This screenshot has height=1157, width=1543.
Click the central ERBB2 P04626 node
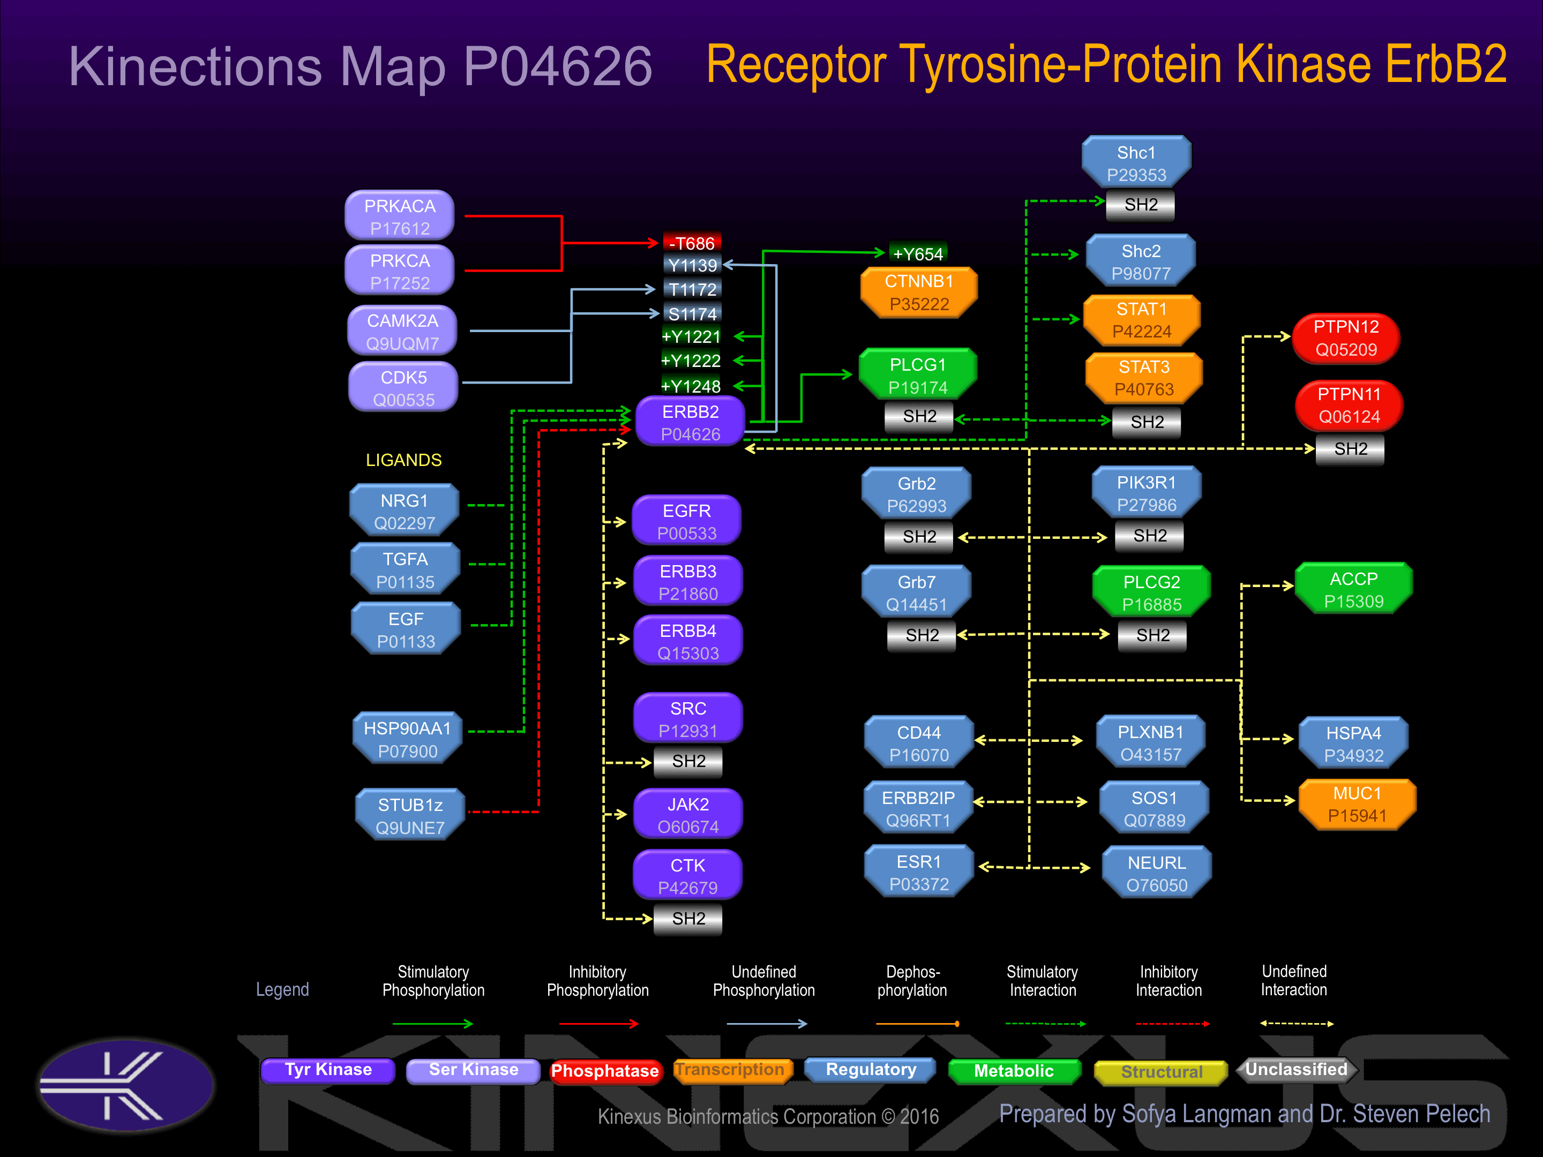click(690, 422)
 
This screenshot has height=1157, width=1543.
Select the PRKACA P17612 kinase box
click(400, 216)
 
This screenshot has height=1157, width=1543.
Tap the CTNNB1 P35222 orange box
click(919, 292)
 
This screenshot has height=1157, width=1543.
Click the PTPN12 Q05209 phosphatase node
click(1346, 338)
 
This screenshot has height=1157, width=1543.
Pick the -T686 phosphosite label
click(691, 243)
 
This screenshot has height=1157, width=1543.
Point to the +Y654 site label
click(918, 253)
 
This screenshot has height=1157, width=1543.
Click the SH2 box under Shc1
click(1141, 204)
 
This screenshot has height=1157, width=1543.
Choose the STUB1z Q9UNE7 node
click(410, 815)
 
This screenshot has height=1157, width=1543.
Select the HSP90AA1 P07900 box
click(407, 739)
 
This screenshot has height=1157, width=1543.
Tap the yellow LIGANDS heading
click(403, 460)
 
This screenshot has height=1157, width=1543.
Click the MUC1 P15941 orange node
click(1357, 804)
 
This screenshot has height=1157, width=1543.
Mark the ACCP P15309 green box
click(1353, 589)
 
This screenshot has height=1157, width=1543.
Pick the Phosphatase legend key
click(605, 1071)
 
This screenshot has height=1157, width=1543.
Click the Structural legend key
click(1161, 1072)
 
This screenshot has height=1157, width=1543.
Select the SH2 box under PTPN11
click(1351, 448)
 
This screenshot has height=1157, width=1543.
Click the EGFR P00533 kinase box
click(686, 521)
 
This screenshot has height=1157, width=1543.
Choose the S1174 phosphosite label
click(692, 314)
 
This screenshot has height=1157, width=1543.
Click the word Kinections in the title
click(196, 66)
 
